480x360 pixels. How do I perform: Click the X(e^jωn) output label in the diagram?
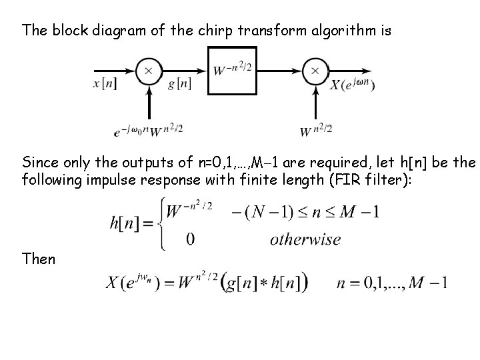click(x=353, y=85)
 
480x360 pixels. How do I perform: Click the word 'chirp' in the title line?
click(x=215, y=30)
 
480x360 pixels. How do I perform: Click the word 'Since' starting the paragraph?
click(x=39, y=162)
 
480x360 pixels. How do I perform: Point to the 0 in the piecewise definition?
click(x=190, y=239)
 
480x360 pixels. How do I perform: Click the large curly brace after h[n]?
click(x=161, y=223)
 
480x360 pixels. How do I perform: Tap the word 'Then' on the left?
click(x=39, y=258)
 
